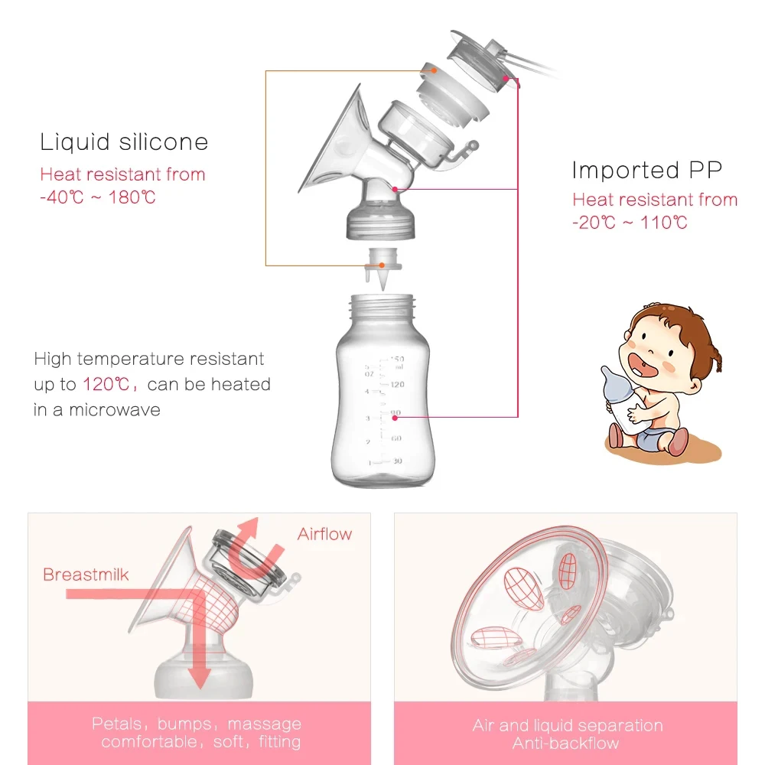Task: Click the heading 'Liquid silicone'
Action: coord(124,142)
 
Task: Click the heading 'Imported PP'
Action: coord(646,170)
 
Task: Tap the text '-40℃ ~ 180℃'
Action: coord(98,197)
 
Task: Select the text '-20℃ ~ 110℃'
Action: coord(630,223)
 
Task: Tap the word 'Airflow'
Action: coord(325,534)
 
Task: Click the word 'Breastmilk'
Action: coord(86,575)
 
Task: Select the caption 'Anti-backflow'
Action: coord(566,743)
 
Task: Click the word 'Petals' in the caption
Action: coord(116,724)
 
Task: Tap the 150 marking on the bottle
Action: coord(397,359)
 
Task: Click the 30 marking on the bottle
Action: coord(396,461)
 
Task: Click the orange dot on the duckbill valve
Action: coord(362,265)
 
